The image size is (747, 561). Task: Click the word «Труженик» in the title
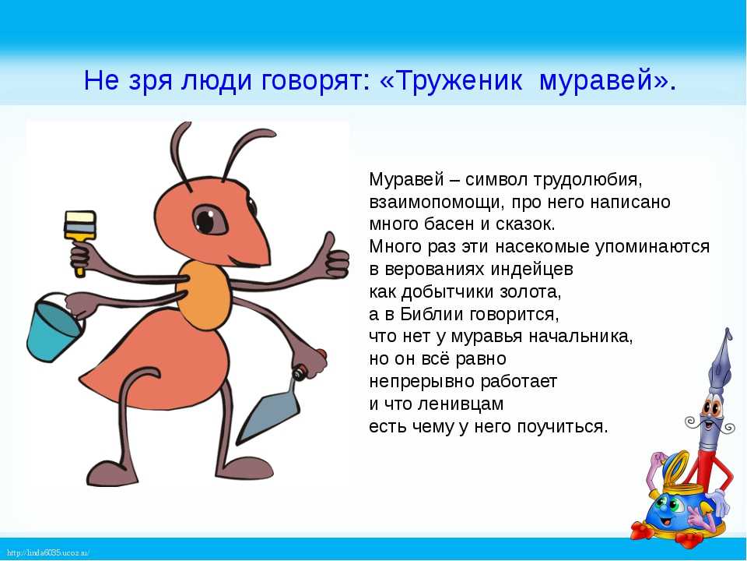pos(459,80)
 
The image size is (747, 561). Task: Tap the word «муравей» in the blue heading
pos(598,81)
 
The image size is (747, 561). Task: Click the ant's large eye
pos(209,220)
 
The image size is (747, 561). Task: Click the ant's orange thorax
pos(205,295)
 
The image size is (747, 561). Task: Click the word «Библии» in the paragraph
pos(432,314)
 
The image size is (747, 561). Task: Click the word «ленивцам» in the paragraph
pos(461,404)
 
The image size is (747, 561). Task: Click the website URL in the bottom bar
pos(48,553)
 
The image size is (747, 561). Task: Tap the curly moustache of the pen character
pos(710,422)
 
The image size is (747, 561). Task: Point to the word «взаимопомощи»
pos(436,203)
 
